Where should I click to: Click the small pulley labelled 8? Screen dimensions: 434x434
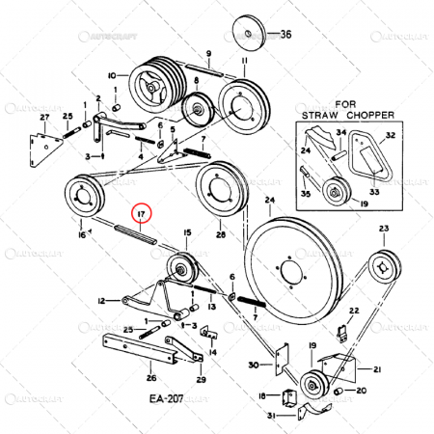click(x=201, y=108)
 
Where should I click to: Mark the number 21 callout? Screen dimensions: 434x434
click(x=377, y=369)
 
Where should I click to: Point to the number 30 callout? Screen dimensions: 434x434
click(x=253, y=365)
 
